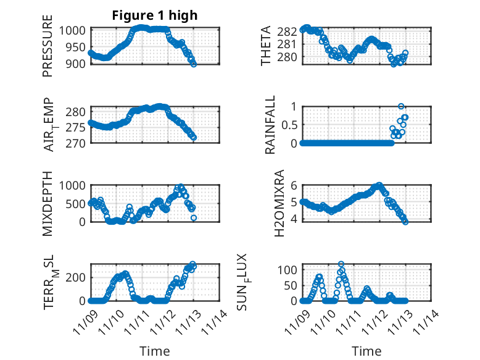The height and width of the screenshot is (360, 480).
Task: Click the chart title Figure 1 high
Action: pos(154,15)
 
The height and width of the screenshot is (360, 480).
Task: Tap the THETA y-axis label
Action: pos(266,46)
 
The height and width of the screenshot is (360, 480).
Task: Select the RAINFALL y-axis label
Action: pos(270,125)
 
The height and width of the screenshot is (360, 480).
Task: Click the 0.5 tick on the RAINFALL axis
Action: pos(289,124)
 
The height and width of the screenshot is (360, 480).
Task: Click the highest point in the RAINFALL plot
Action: pos(401,106)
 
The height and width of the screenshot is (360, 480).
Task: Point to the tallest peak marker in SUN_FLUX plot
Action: pos(341,264)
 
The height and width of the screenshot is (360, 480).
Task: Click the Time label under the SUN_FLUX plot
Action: pos(366,351)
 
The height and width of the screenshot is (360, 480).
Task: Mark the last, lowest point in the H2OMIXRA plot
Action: pos(405,222)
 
